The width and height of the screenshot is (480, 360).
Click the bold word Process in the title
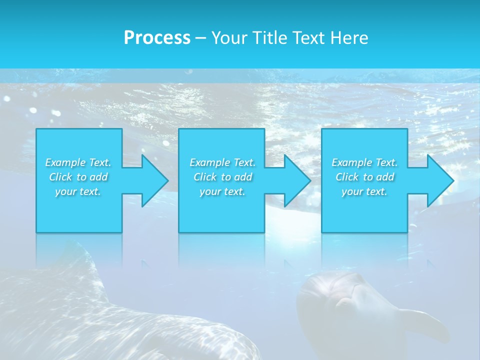click(157, 38)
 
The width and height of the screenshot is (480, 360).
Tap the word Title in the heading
click(269, 38)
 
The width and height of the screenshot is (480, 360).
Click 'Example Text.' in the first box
click(78, 162)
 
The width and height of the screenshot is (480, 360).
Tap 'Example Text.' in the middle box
click(222, 162)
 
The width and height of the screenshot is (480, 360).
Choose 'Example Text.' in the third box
click(364, 162)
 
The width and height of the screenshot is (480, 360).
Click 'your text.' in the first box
click(78, 191)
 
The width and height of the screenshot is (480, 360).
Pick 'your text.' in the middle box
click(222, 191)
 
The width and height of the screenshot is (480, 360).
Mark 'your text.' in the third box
click(364, 191)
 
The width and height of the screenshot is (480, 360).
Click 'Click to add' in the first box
click(78, 177)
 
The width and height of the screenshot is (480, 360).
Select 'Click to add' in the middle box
click(222, 177)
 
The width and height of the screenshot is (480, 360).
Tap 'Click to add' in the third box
click(364, 177)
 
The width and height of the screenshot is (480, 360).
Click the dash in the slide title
click(200, 38)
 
